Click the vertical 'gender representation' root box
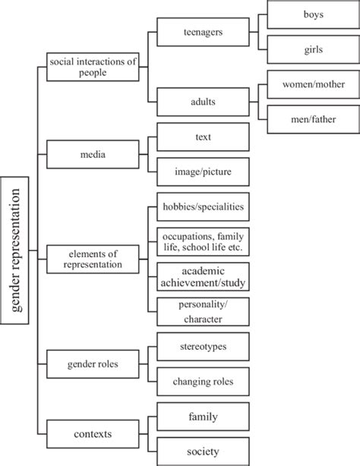tap(14, 250)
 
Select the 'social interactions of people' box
tap(93, 67)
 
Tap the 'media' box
tap(93, 154)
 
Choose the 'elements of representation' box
tap(93, 259)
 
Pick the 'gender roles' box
tap(93, 364)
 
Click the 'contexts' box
tap(93, 434)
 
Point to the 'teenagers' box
tap(204, 32)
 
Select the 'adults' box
tap(204, 102)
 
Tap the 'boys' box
tap(314, 14)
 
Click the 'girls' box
tap(314, 49)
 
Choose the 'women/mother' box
tap(314, 84)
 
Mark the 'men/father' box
tap(314, 119)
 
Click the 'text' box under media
tap(204, 137)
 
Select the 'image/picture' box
tap(204, 172)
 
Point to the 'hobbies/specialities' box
tap(204, 206)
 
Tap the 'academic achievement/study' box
tap(204, 276)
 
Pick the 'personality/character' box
tap(204, 311)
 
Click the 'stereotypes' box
tap(204, 347)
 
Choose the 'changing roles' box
tap(204, 381)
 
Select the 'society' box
tap(204, 451)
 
